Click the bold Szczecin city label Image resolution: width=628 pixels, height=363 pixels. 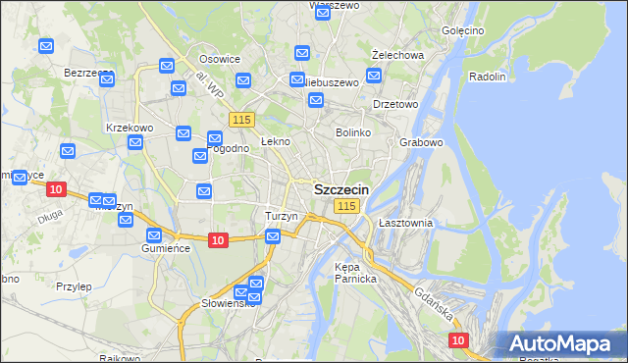tap(340, 189)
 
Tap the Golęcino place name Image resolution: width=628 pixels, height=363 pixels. tap(463, 30)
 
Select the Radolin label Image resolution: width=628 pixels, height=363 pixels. tap(487, 77)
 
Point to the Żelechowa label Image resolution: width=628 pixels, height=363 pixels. tap(397, 55)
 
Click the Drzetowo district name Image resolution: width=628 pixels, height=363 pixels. tap(395, 103)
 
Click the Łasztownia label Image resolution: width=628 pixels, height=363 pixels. tap(405, 223)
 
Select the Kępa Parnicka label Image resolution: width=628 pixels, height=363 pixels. tap(355, 273)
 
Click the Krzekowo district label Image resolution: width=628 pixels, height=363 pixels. tap(130, 128)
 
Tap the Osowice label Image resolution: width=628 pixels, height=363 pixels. tap(220, 59)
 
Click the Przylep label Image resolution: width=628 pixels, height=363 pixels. tap(74, 286)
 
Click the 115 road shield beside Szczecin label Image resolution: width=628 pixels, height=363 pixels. tap(346, 206)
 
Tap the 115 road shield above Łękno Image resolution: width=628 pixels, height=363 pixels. tap(242, 119)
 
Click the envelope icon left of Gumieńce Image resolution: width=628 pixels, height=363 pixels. tap(154, 235)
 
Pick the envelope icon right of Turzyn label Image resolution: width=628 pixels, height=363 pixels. tap(273, 235)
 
